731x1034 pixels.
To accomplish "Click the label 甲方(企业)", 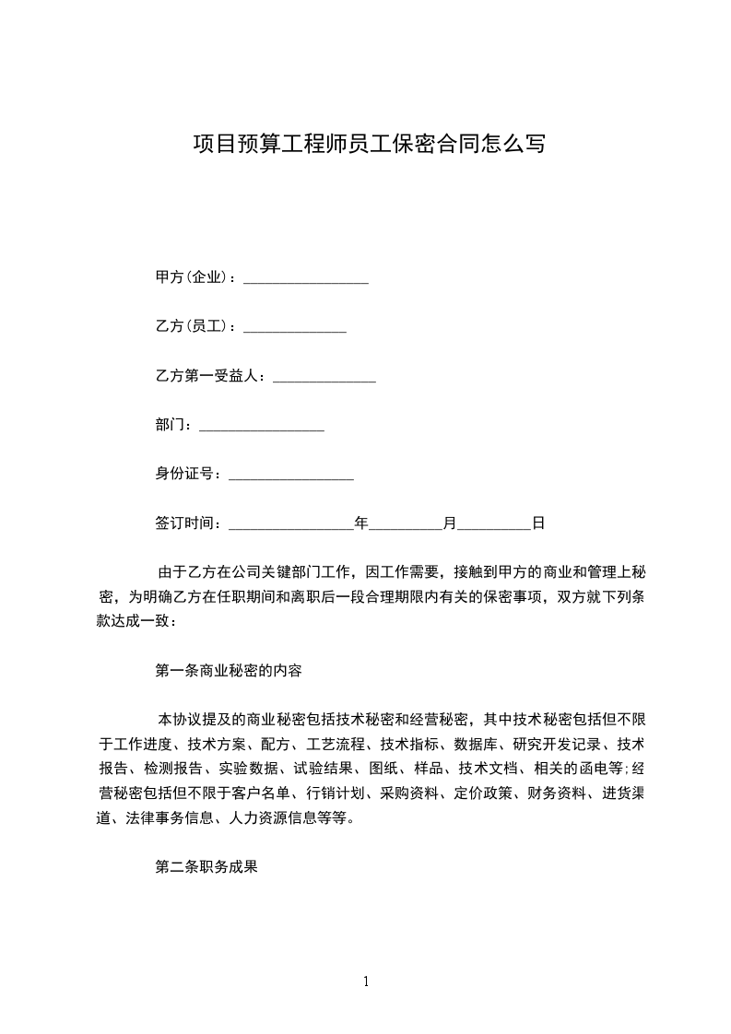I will [195, 277].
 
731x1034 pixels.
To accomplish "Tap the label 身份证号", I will [187, 474].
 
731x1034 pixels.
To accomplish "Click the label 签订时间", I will [187, 523].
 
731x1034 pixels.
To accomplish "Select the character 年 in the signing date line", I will [361, 523].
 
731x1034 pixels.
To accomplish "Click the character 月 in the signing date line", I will [450, 523].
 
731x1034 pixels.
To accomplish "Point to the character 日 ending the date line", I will [538, 523].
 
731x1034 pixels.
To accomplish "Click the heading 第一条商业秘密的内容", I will [229, 671].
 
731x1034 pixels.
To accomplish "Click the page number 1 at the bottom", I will [366, 981].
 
